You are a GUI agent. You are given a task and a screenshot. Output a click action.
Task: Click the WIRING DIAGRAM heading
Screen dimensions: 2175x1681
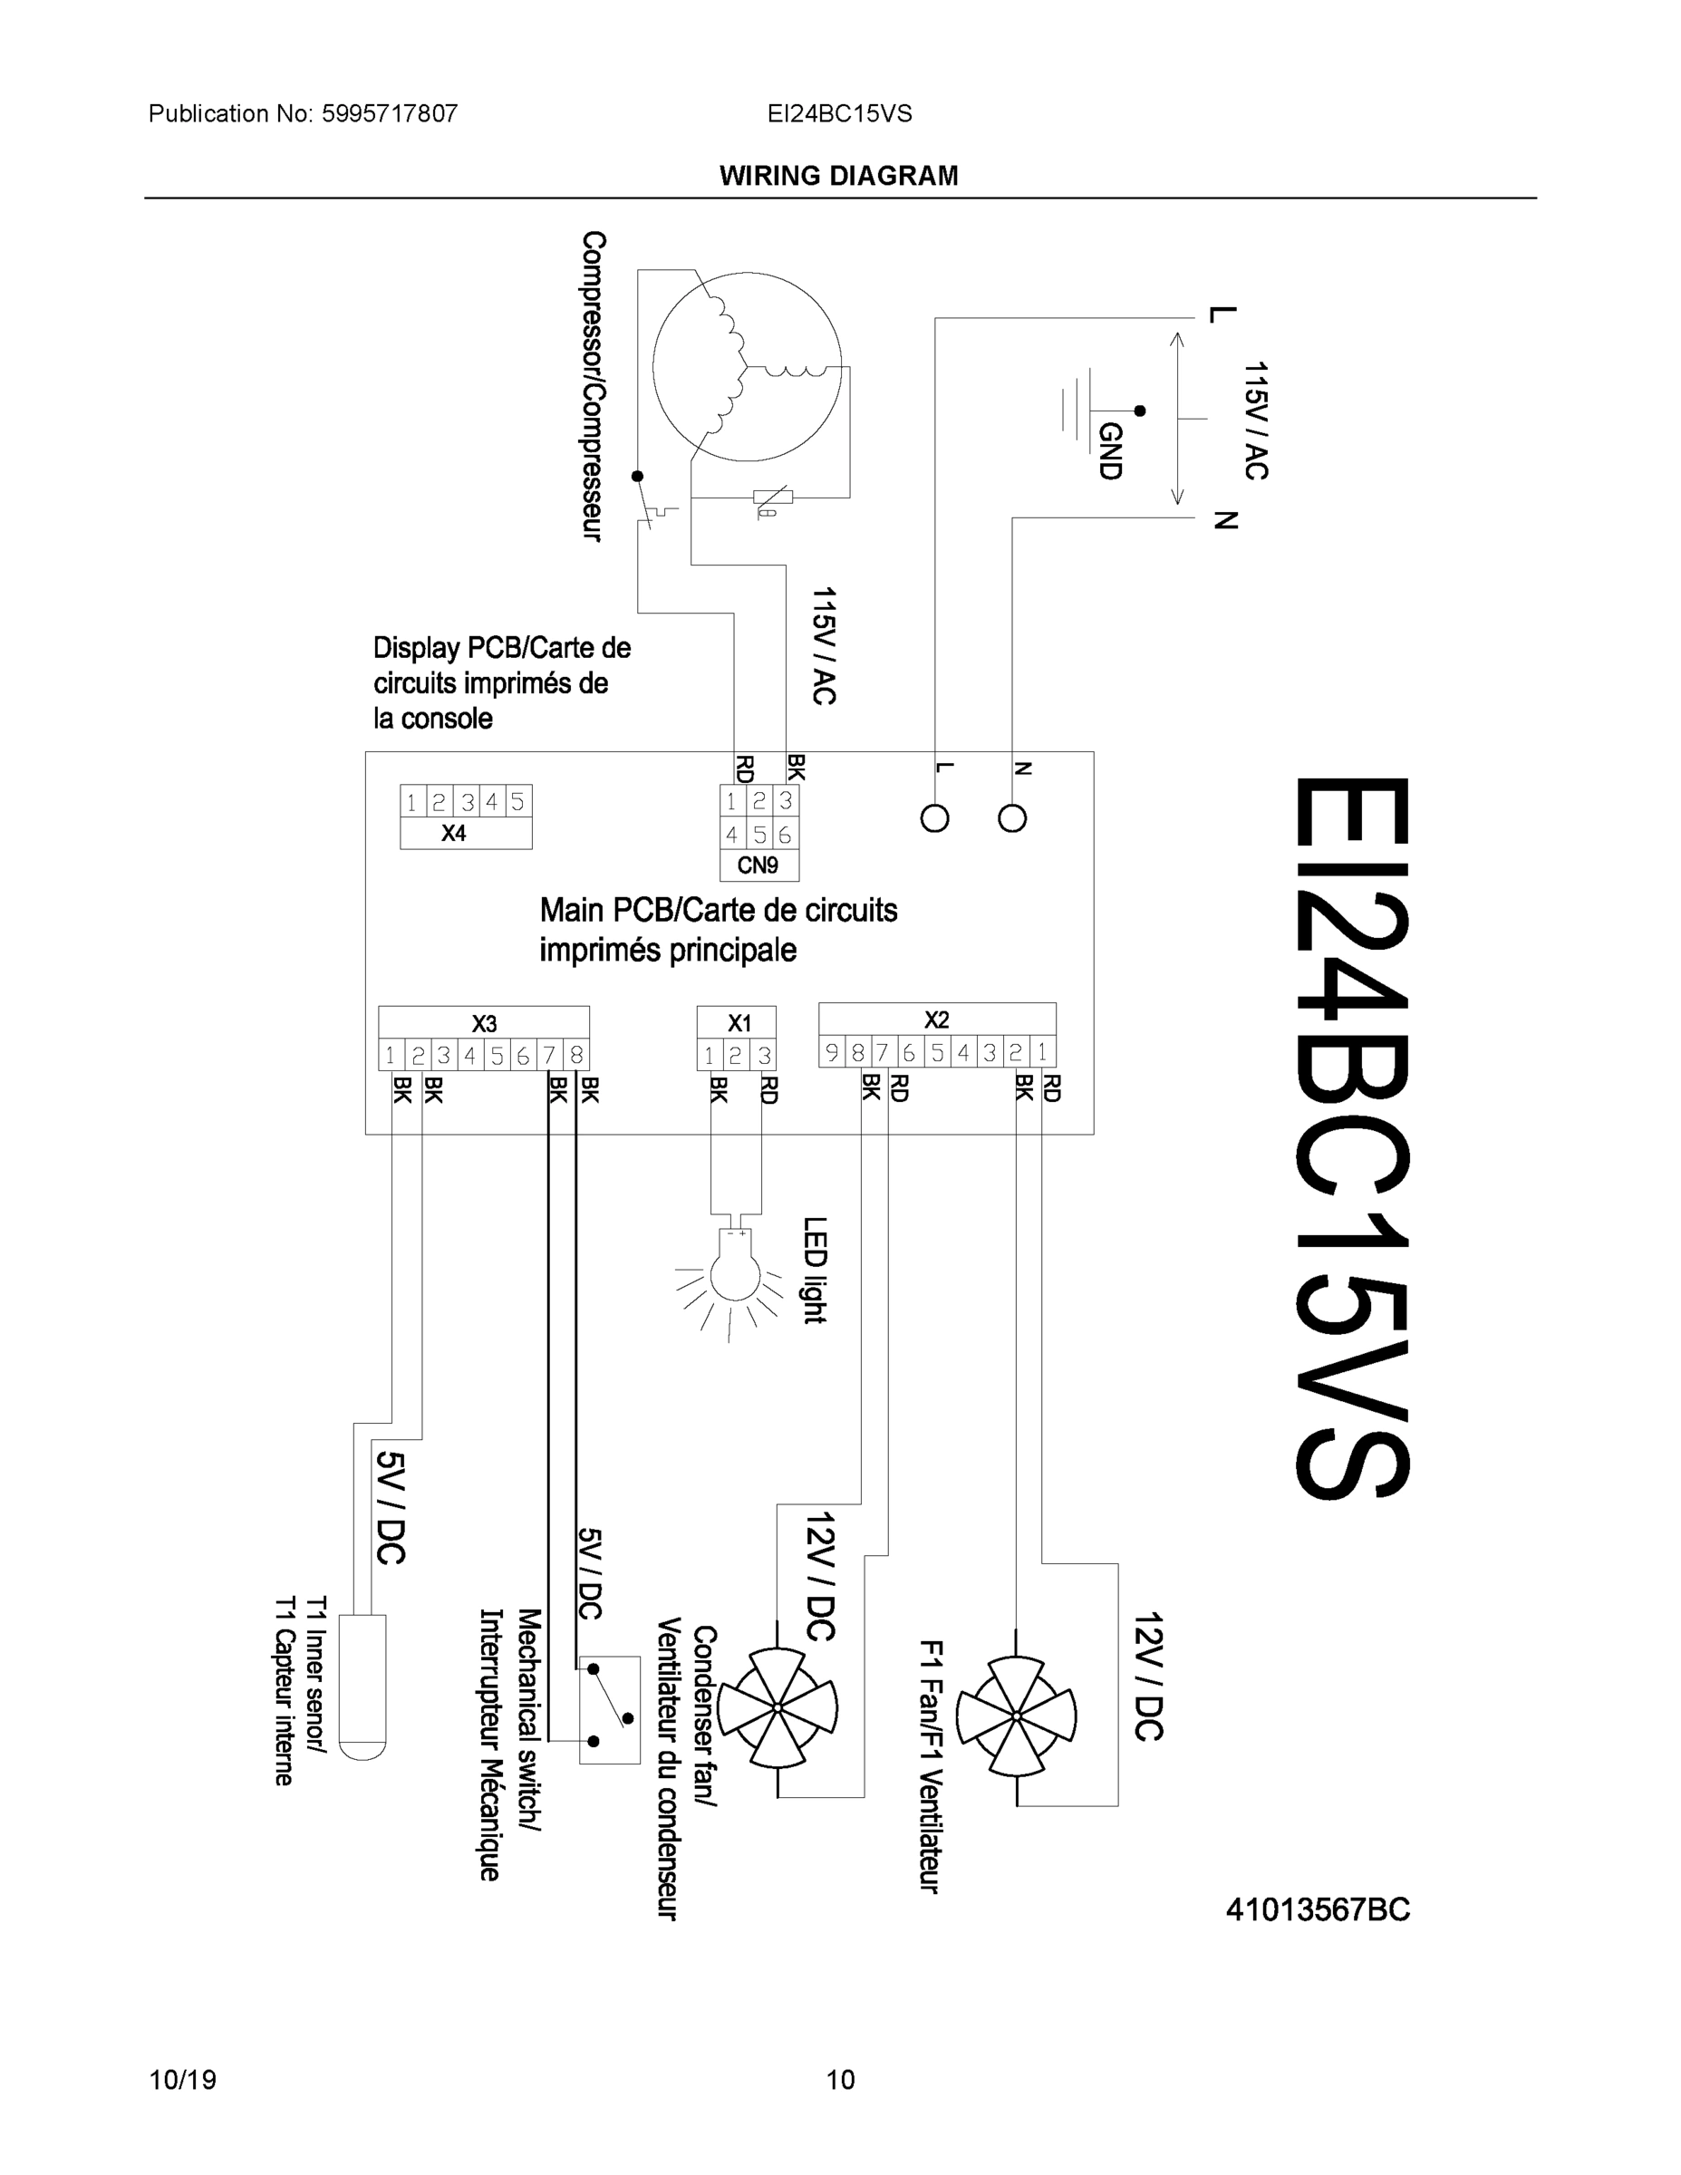pos(838,177)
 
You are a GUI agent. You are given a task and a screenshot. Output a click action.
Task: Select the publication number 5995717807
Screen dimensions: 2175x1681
pos(390,113)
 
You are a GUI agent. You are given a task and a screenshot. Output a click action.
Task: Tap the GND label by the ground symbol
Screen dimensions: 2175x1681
pos(1109,450)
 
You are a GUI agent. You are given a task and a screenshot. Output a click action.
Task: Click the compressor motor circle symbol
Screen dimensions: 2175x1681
pos(747,365)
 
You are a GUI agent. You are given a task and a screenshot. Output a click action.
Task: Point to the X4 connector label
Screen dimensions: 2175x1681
pos(453,834)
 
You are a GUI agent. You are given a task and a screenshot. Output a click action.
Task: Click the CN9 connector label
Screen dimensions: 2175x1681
pos(757,865)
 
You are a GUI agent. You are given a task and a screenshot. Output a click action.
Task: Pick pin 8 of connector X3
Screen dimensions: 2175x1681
pos(576,1055)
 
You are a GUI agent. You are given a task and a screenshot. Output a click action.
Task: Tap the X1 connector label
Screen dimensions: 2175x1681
pos(739,1023)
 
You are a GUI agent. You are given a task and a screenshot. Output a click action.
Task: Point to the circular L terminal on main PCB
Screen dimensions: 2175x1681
pos(934,818)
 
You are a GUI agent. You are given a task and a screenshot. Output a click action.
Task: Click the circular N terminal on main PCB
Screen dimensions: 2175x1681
pos(1012,818)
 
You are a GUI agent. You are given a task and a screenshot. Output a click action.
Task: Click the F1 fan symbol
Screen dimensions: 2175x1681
pos(1016,1715)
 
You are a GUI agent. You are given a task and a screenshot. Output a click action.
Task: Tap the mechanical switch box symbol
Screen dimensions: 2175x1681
pos(610,1710)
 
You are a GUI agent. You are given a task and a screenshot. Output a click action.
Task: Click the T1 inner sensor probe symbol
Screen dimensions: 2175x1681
pos(362,1685)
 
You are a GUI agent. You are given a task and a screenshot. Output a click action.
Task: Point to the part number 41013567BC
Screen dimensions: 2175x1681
pos(1318,1910)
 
